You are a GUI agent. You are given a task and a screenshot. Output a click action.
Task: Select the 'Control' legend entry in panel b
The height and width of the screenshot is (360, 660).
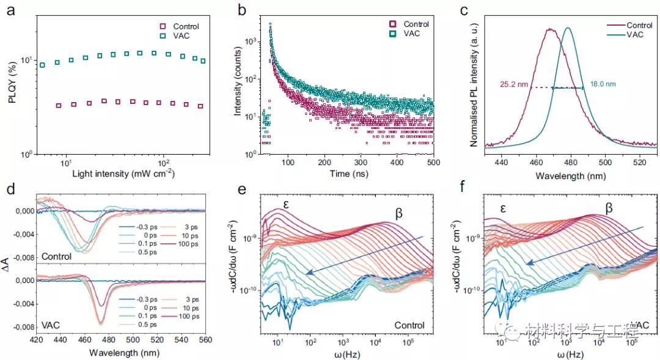click(416, 24)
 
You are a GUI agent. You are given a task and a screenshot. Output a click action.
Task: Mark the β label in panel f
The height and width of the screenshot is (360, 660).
click(608, 207)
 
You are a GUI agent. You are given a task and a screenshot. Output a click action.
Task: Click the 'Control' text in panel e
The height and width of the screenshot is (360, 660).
click(409, 325)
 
